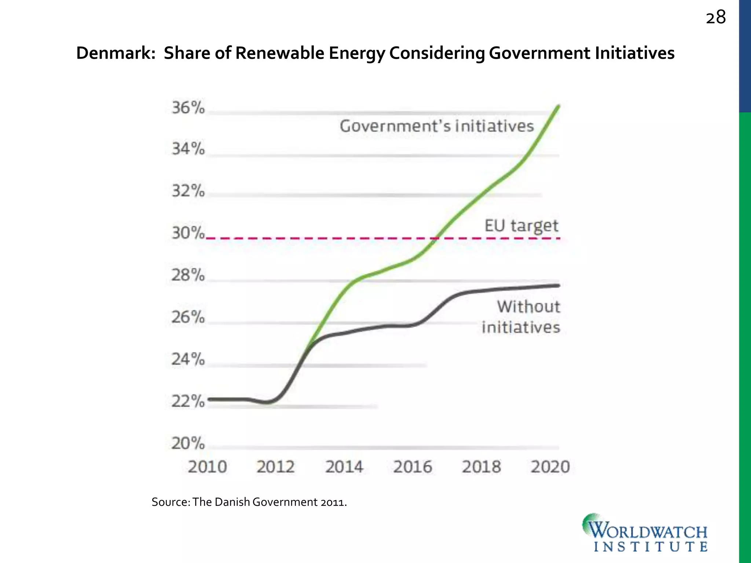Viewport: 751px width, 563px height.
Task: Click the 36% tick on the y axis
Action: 188,108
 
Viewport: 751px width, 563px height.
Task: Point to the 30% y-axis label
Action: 188,233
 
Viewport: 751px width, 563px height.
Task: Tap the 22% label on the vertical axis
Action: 188,402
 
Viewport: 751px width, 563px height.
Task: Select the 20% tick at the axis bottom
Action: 188,444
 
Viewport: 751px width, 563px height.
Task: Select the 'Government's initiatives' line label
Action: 436,126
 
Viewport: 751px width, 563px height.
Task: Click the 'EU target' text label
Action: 521,226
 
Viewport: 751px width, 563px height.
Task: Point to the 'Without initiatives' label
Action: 521,317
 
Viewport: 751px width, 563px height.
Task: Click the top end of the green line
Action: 558,106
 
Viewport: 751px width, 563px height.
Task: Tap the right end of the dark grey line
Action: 558,286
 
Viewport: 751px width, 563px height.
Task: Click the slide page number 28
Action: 715,18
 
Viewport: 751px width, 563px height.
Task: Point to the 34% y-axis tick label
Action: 188,149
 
